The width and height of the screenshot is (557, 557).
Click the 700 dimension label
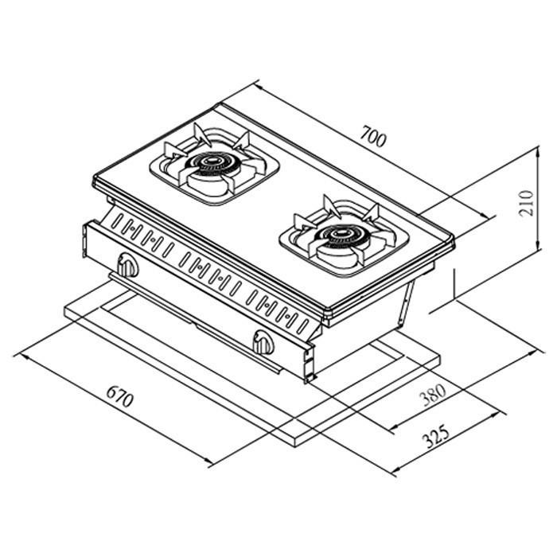point(372,138)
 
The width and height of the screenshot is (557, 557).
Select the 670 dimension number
point(119,398)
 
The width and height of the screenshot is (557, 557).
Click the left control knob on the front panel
point(127,265)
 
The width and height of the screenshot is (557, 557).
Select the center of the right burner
point(341,235)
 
